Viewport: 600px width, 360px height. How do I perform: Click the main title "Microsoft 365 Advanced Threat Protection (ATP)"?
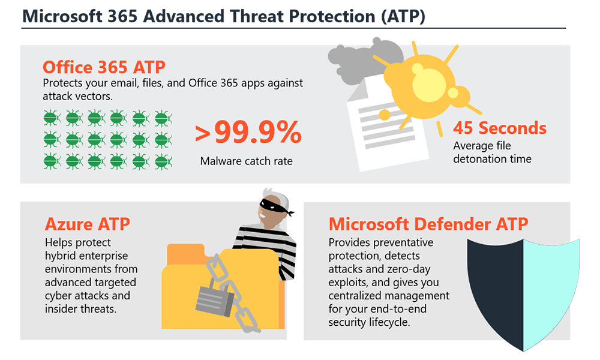tap(224, 16)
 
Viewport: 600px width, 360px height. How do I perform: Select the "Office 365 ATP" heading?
tap(104, 67)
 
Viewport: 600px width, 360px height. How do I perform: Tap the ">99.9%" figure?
tap(248, 132)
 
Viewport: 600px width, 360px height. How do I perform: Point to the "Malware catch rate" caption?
tap(247, 161)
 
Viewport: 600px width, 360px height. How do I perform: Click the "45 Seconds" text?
tap(500, 128)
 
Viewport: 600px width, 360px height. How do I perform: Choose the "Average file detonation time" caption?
tap(492, 152)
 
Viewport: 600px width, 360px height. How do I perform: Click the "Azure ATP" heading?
tap(88, 224)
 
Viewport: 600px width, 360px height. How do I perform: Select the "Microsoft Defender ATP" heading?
tap(428, 224)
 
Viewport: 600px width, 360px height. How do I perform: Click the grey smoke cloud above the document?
tap(362, 61)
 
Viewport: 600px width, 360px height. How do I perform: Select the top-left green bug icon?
tap(51, 118)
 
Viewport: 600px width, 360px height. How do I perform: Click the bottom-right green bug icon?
tap(163, 161)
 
